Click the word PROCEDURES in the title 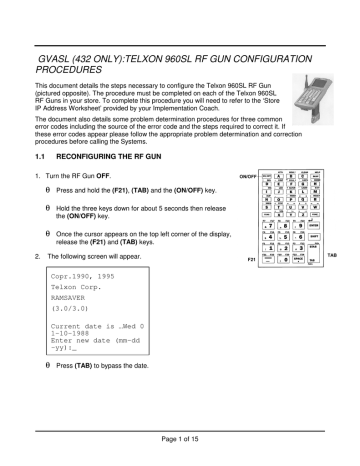[56, 74]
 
